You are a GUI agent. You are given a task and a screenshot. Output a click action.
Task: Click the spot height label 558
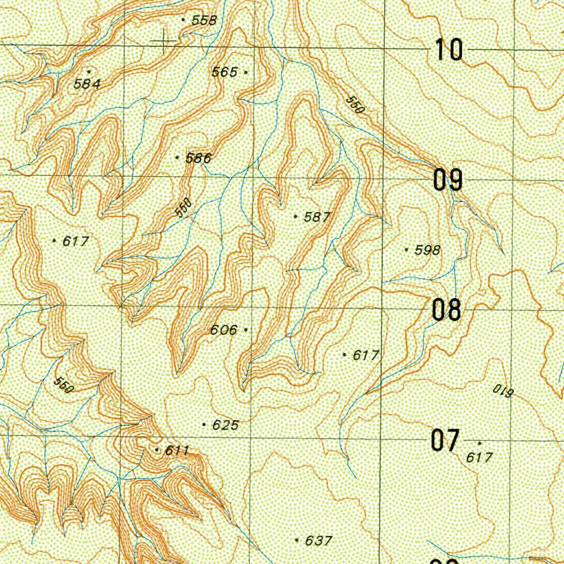point(204,20)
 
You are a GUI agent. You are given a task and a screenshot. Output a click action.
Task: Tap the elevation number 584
point(88,84)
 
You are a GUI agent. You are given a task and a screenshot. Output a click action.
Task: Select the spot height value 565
point(225,72)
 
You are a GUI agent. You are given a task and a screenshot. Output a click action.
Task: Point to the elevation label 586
point(198,159)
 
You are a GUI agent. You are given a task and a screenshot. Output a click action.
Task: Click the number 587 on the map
point(317,218)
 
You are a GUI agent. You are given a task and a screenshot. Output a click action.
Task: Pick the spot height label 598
point(427,251)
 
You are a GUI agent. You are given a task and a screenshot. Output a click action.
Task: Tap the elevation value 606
point(224,330)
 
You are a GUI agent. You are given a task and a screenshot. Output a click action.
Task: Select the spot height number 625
point(225,425)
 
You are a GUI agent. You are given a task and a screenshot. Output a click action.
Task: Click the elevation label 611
point(177,451)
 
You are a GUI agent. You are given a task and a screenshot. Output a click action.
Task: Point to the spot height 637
point(318,541)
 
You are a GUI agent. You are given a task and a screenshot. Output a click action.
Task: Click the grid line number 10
point(449,50)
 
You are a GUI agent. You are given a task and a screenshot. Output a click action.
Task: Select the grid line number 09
point(447,180)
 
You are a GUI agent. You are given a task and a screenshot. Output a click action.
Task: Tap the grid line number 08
point(446,311)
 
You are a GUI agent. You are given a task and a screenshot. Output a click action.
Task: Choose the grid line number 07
point(445,441)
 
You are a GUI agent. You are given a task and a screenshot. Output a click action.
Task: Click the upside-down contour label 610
point(503,392)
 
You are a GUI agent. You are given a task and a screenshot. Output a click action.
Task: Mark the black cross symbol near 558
point(164,41)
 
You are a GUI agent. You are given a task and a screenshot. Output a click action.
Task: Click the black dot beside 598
point(407,250)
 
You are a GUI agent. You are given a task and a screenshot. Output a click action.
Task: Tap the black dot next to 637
point(297,540)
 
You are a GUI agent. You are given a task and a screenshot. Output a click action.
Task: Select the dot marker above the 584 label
point(89,71)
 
